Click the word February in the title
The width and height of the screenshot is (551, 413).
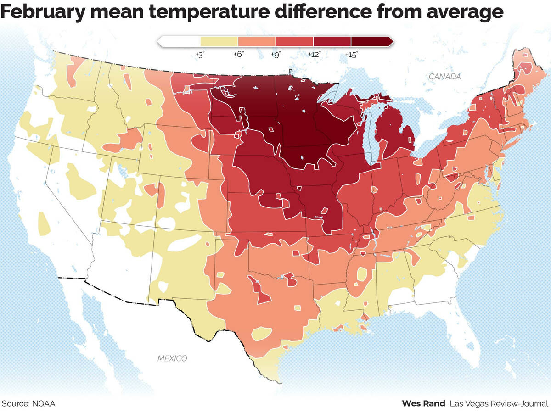(42, 12)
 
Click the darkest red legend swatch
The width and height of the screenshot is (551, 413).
(370, 41)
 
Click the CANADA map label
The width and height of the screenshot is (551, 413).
(444, 77)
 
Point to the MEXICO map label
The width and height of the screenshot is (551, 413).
(172, 358)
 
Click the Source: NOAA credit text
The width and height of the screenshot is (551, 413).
(28, 404)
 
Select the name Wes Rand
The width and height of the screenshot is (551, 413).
(423, 404)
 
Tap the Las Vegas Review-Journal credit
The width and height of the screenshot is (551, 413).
(499, 404)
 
